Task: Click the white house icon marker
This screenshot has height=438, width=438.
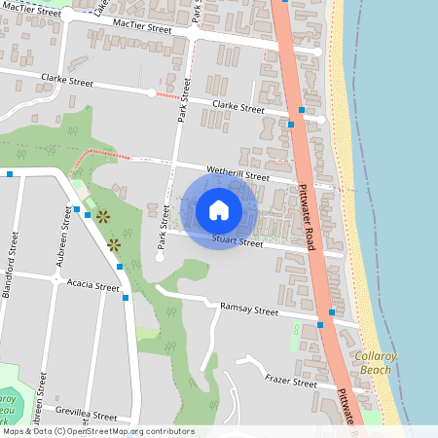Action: click(x=219, y=210)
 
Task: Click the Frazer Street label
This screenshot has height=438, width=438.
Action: click(x=291, y=383)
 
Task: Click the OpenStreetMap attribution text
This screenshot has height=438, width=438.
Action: click(x=99, y=431)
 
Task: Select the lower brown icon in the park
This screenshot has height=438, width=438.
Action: click(x=114, y=243)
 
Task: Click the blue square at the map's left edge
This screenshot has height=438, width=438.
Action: click(x=9, y=174)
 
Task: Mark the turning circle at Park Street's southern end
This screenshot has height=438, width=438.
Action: click(x=160, y=258)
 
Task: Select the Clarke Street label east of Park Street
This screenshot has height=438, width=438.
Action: click(x=238, y=108)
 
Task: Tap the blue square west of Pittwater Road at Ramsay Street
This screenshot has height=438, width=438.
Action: click(x=320, y=324)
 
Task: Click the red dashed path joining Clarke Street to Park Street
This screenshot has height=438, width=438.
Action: click(x=167, y=95)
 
